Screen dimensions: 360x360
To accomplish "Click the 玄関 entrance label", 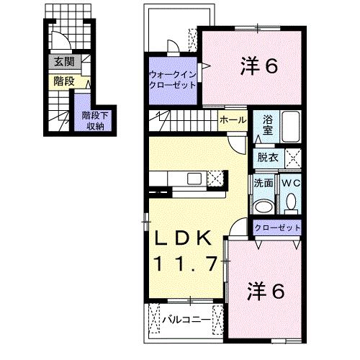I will (x=63, y=63).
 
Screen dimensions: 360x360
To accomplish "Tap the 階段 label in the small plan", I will (x=63, y=81).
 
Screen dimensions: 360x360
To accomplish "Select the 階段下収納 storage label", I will (x=94, y=120).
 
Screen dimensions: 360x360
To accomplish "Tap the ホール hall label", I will (x=230, y=120).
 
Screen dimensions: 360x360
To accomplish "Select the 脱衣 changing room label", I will (x=268, y=157).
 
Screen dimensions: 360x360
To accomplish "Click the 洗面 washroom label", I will (x=263, y=183).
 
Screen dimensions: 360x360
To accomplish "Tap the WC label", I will (x=291, y=183).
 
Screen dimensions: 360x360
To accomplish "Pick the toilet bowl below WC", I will (x=291, y=204).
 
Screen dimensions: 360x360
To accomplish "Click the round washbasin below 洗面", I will (x=264, y=207).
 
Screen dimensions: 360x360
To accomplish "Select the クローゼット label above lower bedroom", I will (x=276, y=228).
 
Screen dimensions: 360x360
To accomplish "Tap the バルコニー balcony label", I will (x=185, y=318).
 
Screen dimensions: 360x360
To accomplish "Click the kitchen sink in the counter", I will (x=194, y=177).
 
